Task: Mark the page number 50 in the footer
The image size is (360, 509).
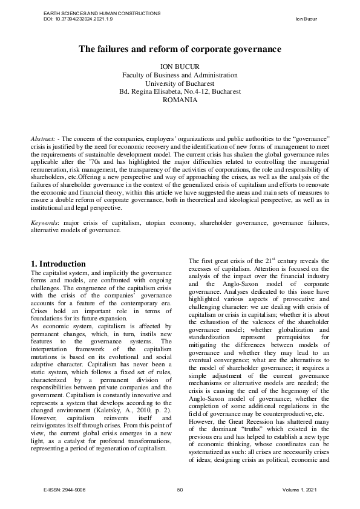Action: tap(180, 489)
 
